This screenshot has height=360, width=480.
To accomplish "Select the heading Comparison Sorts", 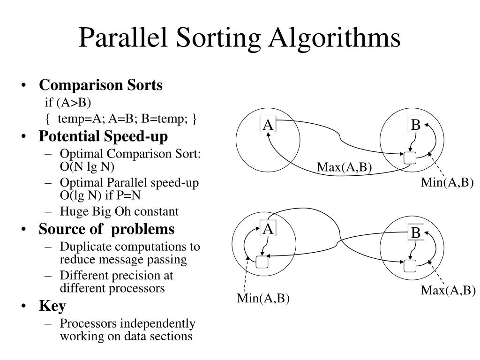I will (101, 85).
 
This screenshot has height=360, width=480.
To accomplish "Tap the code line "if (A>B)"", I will (75, 103).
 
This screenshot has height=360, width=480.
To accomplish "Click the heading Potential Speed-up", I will (103, 136).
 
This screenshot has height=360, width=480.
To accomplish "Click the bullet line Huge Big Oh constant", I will (119, 211).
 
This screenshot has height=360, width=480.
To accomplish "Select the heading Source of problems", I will (106, 229).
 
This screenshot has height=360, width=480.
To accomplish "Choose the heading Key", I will (52, 306).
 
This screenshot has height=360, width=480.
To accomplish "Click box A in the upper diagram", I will (268, 125).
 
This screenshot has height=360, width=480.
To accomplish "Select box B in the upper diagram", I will (416, 125).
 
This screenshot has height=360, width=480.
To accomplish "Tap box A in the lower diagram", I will (268, 229).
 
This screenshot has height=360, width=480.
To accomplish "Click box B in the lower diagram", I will (416, 233).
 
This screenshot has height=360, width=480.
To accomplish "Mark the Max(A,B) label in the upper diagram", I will (344, 167).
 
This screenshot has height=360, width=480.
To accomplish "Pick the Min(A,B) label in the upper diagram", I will (447, 183).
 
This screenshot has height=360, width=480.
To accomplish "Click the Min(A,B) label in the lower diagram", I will (263, 299).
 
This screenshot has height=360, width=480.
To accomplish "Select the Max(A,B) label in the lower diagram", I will (448, 291).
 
